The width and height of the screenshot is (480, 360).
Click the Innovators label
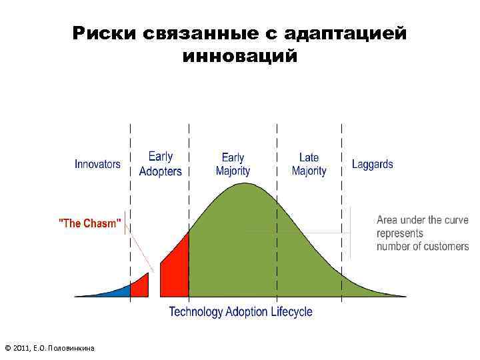[x=97, y=164]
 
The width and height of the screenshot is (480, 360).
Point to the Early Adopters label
[x=160, y=164]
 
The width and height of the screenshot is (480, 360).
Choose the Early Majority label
[x=233, y=164]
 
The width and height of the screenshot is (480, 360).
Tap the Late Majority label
[x=309, y=164]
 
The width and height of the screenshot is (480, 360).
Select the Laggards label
[x=372, y=164]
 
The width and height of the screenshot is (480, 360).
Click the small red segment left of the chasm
[x=139, y=286]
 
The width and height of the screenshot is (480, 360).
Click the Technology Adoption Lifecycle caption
[x=240, y=311]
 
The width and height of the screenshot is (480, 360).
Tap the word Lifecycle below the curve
[x=291, y=311]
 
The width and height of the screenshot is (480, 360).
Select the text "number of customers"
[x=422, y=247]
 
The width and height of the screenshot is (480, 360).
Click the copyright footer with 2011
[x=50, y=348]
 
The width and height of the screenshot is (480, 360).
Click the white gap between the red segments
[x=154, y=283]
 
